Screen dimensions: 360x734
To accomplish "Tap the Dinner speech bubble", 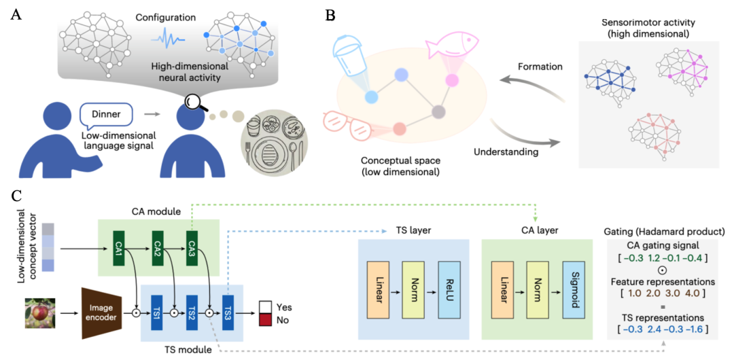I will [107, 113].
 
